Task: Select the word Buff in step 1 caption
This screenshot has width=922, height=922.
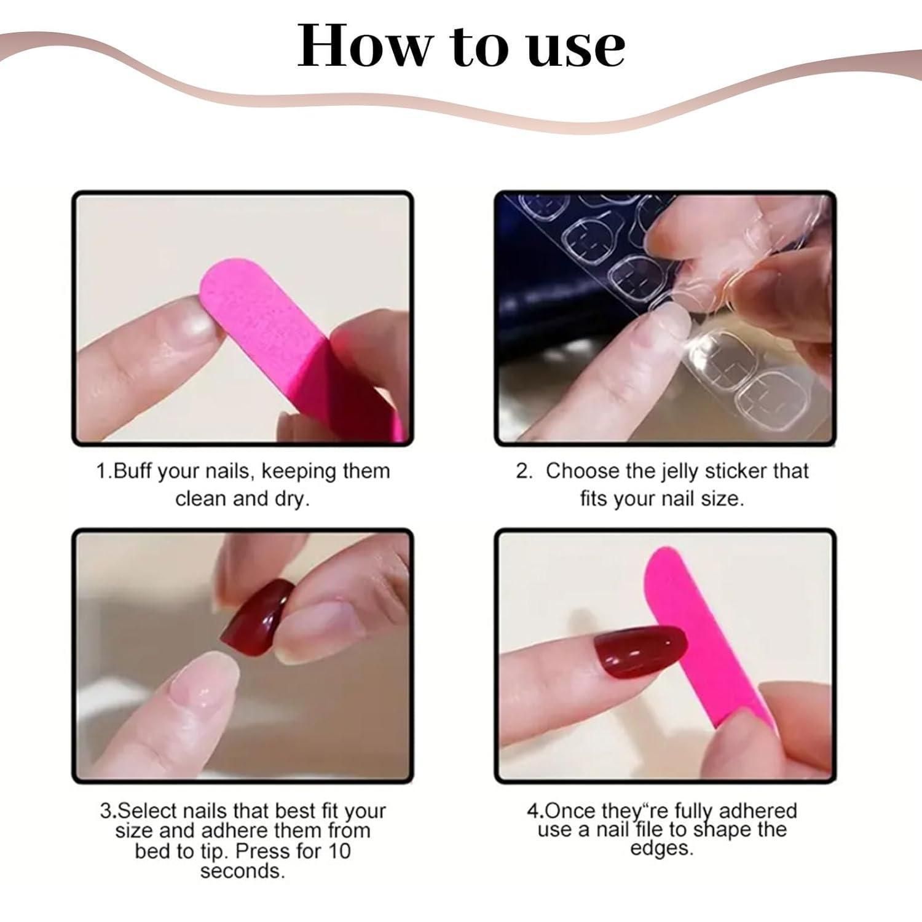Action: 134,471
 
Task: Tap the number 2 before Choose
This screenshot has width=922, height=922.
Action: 524,471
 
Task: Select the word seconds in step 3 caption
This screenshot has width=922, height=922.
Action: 242,872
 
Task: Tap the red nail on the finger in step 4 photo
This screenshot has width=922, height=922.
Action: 640,652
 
